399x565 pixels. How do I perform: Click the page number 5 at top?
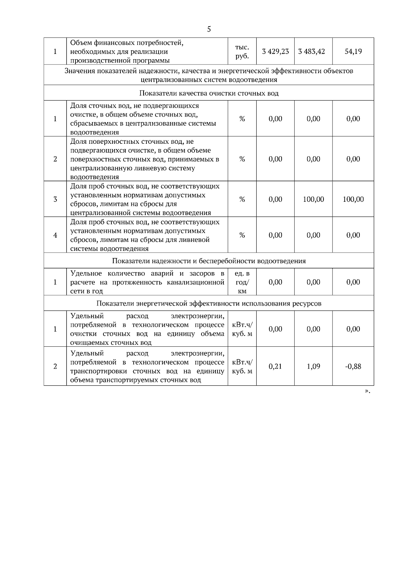[209, 29]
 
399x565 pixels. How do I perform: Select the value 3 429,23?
[275, 52]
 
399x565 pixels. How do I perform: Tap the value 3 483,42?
[313, 52]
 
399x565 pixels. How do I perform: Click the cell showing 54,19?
[353, 52]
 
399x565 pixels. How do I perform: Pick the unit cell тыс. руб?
[242, 52]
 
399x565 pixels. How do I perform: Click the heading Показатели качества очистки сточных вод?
[209, 93]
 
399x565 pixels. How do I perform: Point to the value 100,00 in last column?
[353, 199]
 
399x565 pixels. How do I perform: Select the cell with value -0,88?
[353, 367]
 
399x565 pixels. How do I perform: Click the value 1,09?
[313, 367]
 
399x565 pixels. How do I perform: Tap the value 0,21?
[275, 367]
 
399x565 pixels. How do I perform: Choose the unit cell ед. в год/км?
[242, 282]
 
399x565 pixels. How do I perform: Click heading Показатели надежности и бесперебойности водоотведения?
[209, 261]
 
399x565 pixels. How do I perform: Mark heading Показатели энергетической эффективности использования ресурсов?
[209, 303]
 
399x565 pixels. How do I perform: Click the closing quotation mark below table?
[367, 391]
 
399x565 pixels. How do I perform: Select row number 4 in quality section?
[55, 235]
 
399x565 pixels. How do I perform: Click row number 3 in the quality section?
[55, 199]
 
